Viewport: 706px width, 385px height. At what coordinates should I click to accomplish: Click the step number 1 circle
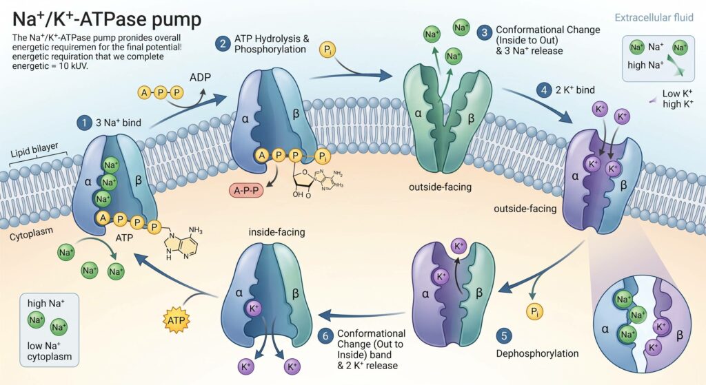tap(83, 123)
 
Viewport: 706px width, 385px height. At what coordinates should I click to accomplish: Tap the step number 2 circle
tap(223, 43)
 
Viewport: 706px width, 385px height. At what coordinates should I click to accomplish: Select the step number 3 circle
tap(485, 33)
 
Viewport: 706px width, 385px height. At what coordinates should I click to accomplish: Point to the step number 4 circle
tap(544, 90)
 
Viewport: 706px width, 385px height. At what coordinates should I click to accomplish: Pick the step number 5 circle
tap(504, 335)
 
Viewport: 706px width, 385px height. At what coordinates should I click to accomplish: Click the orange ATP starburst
tap(176, 320)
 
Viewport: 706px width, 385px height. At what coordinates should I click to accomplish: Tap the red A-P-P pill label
tap(246, 190)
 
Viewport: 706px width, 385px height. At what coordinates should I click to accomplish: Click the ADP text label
tap(200, 77)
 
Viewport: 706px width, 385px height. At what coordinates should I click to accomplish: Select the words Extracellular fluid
tap(654, 17)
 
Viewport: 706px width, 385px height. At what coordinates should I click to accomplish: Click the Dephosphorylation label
tap(537, 353)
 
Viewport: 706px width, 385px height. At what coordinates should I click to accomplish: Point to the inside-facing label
tap(277, 232)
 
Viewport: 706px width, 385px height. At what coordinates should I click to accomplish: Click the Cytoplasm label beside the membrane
tap(31, 234)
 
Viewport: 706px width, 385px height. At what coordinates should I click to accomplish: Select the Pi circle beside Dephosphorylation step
tap(534, 311)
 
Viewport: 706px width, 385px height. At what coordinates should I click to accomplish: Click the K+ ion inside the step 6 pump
tap(254, 309)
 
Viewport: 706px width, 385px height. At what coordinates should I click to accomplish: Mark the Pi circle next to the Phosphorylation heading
tap(327, 50)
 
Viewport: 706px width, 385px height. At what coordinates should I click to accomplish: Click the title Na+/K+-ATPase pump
tap(107, 19)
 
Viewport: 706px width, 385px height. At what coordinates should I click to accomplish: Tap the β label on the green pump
tap(471, 118)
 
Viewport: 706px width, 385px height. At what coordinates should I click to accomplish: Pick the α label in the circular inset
tap(605, 329)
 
